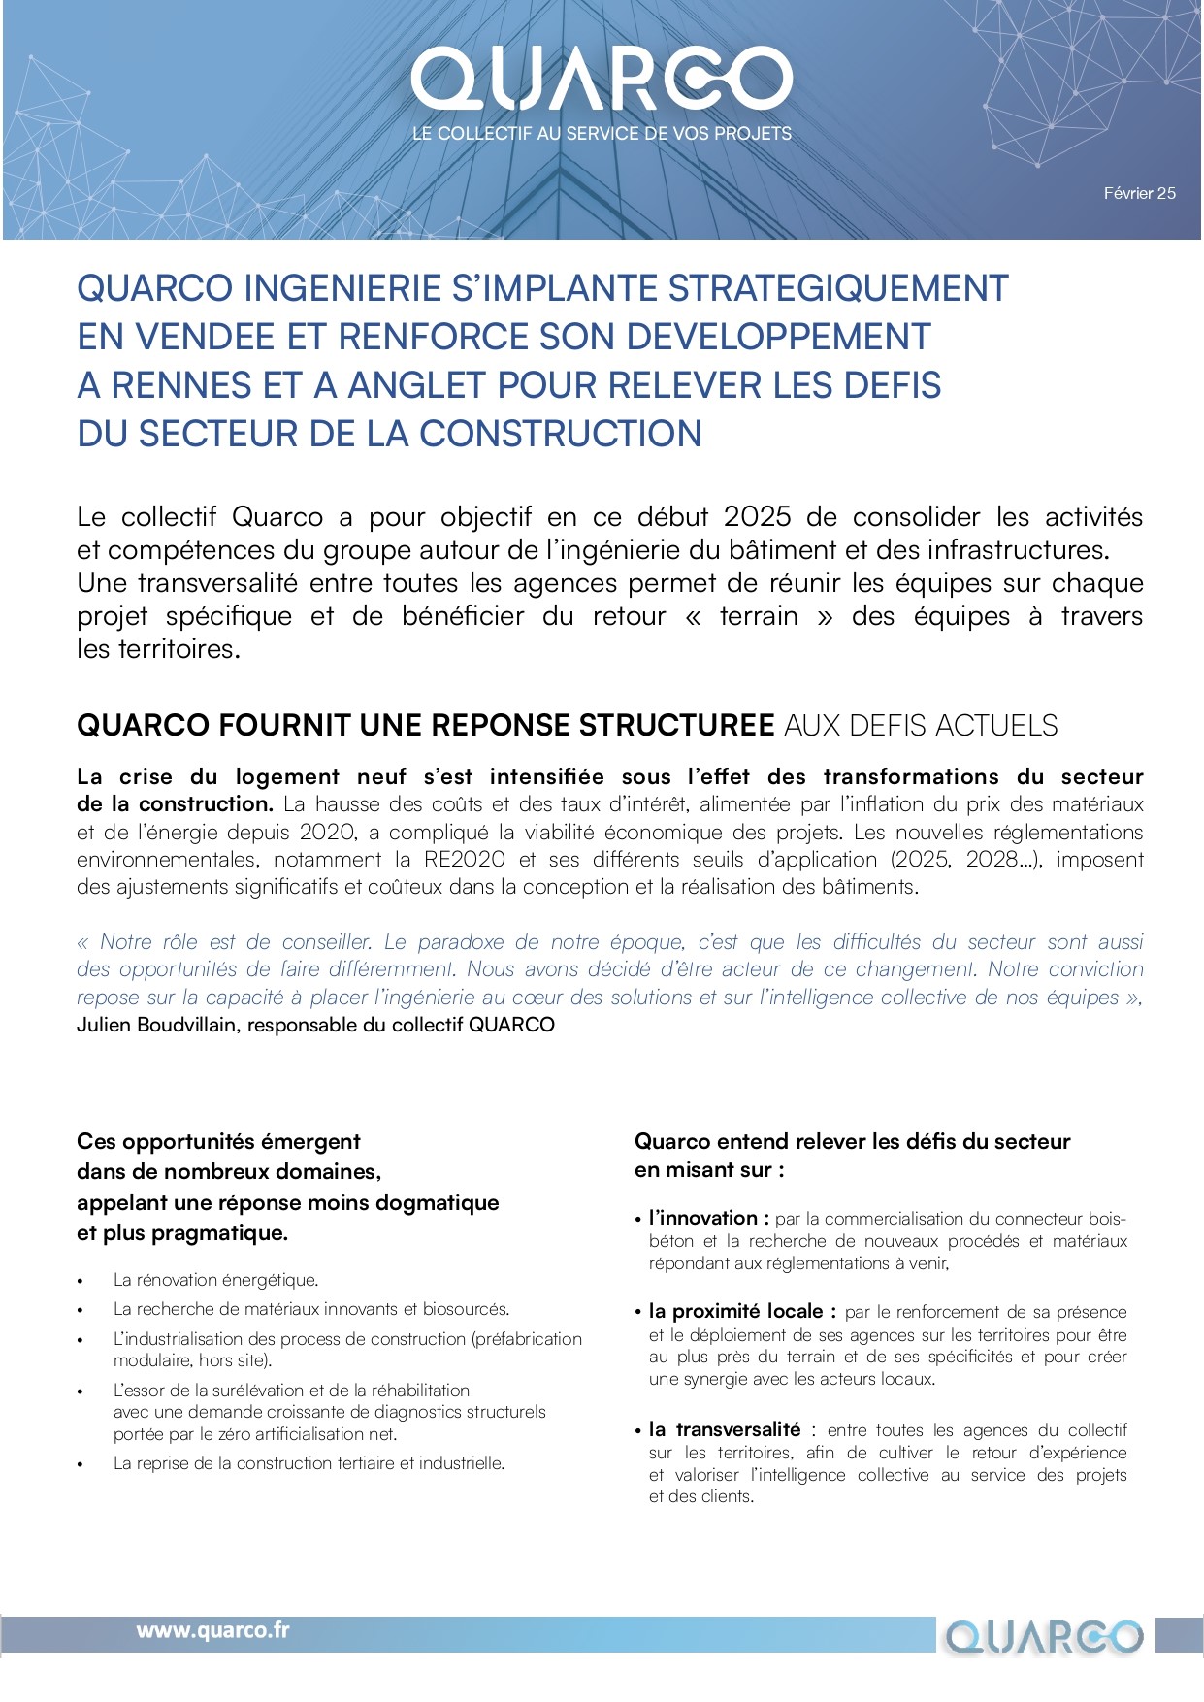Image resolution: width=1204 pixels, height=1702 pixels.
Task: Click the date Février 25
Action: [1139, 193]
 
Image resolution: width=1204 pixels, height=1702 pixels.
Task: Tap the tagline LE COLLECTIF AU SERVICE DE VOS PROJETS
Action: [602, 134]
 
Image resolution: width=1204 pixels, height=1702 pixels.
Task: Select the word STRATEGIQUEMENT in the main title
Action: [838, 288]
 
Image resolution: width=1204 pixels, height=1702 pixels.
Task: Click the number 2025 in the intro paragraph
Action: [757, 517]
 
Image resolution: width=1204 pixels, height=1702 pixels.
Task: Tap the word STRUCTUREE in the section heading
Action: [676, 726]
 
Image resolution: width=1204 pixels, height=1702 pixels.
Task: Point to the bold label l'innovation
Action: [708, 1219]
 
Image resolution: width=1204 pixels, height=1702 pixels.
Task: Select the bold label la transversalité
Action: [724, 1429]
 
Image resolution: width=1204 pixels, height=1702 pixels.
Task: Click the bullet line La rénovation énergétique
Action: [215, 1280]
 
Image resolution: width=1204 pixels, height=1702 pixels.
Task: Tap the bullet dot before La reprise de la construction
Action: [81, 1464]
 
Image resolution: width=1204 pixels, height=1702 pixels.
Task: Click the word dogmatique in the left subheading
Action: [442, 1203]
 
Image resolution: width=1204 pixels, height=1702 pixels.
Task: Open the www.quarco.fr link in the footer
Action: [212, 1630]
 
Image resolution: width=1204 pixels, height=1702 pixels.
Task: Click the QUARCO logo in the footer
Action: [1044, 1637]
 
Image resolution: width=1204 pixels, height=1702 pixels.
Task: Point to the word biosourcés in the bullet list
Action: [467, 1309]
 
